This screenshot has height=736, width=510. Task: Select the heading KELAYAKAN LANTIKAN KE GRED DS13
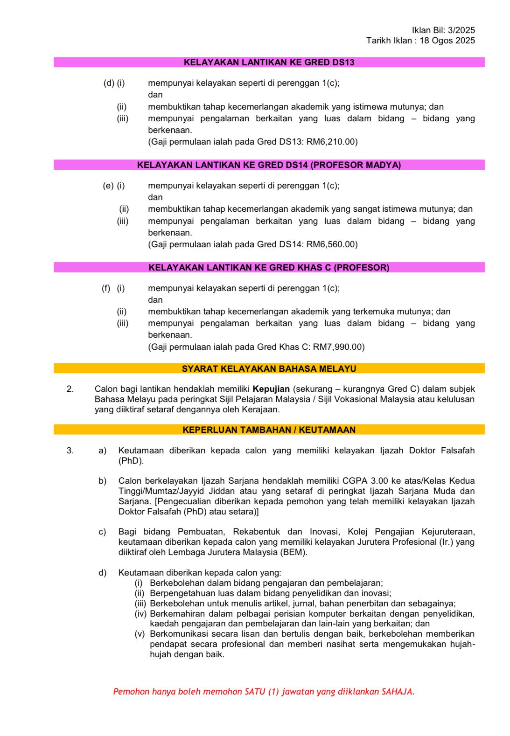point(269,62)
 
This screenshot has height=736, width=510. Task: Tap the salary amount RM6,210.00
point(332,141)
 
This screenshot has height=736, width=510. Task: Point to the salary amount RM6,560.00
point(332,244)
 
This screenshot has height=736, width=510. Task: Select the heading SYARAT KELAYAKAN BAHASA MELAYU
point(269,368)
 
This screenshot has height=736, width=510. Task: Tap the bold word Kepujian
point(271,389)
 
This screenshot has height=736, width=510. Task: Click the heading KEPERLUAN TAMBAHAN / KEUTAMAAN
point(269,430)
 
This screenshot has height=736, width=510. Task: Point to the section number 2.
point(70,389)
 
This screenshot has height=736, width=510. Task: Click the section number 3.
point(70,450)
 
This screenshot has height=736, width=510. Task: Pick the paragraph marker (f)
point(106,288)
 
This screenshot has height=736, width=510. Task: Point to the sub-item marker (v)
point(140,633)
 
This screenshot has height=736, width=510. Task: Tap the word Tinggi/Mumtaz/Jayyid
point(161,491)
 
